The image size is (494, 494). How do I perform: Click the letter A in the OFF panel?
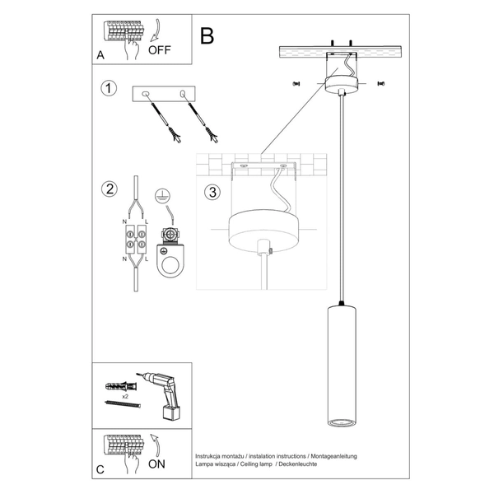click(x=100, y=55)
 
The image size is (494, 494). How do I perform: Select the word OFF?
click(x=161, y=49)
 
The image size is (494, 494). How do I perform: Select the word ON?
click(x=157, y=464)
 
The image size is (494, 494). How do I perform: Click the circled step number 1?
click(x=107, y=88)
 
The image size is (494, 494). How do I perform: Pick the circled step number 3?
click(x=212, y=193)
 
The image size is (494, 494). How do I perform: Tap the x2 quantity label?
click(x=123, y=397)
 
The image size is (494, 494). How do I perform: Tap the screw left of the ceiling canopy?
click(x=296, y=83)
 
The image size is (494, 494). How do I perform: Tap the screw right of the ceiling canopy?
click(x=380, y=83)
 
